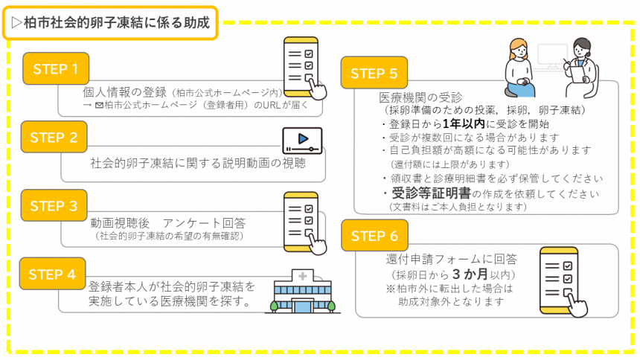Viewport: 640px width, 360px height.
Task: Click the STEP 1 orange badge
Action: [x=56, y=69]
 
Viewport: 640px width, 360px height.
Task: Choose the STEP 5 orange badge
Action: [x=378, y=74]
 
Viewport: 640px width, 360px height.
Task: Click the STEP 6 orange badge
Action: [x=378, y=237]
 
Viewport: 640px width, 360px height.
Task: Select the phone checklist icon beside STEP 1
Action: [x=305, y=68]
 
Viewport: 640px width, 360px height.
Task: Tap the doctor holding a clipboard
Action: [x=579, y=67]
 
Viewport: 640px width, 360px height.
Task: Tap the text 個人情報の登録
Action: [x=124, y=92]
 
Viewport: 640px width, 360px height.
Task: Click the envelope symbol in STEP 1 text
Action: [x=99, y=106]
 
